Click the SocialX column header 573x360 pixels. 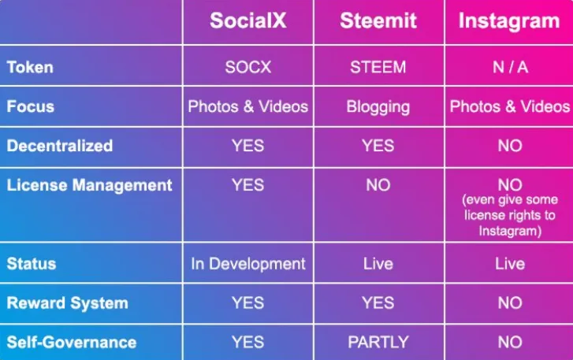click(247, 20)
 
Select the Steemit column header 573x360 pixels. click(378, 20)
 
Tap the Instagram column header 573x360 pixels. click(509, 21)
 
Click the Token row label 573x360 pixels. click(30, 67)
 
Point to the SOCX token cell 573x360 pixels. click(247, 67)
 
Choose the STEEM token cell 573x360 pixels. click(378, 67)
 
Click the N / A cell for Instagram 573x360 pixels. click(510, 67)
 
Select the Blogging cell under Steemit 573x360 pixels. click(378, 107)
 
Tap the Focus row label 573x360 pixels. click(30, 106)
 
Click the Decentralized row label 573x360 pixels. click(60, 146)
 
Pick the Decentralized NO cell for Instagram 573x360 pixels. click(510, 146)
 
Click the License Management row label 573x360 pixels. click(89, 185)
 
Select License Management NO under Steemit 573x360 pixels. click(378, 185)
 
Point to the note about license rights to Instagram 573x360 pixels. click(510, 215)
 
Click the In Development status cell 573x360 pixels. click(248, 264)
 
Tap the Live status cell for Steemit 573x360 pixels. click(378, 264)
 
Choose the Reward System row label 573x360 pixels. click(68, 303)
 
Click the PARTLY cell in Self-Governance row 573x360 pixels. click(378, 342)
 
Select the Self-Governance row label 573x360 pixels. click(72, 343)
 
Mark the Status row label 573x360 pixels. click(32, 264)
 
